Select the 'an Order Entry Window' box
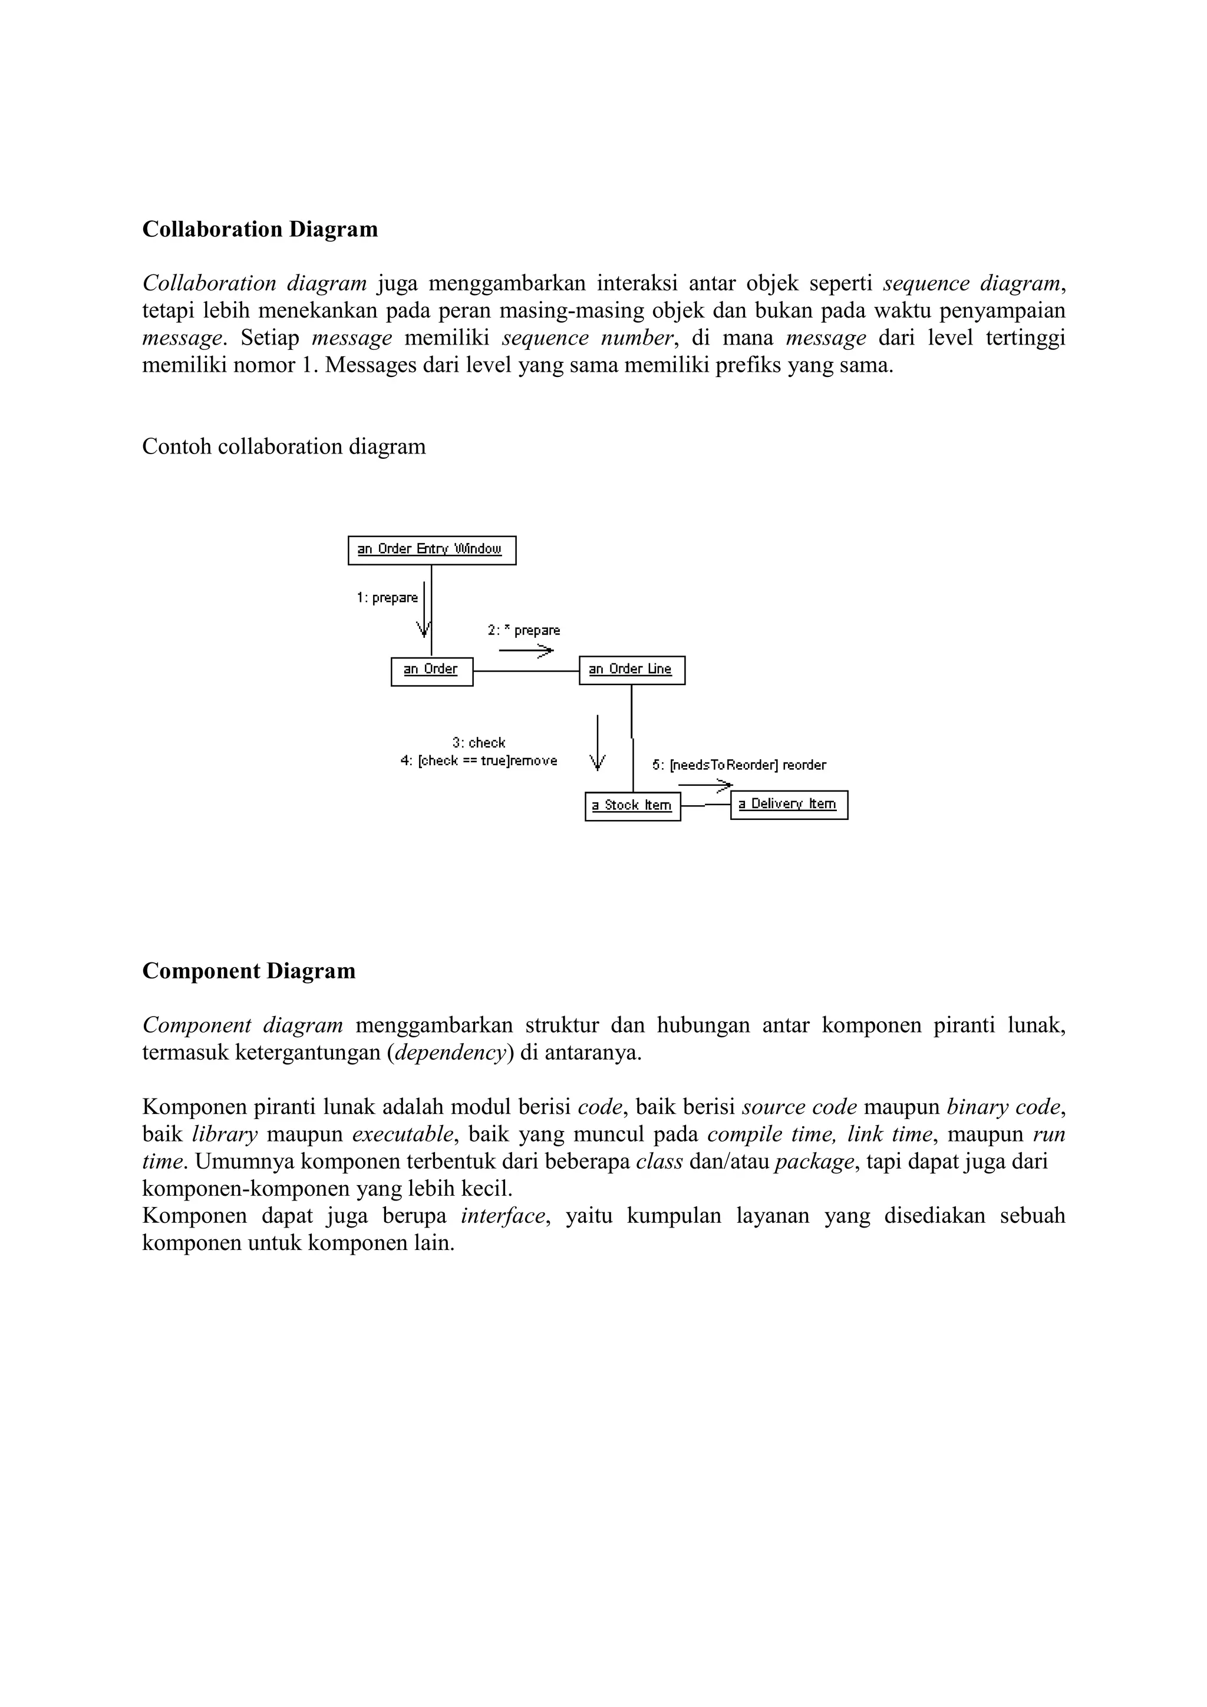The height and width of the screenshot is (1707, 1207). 431,550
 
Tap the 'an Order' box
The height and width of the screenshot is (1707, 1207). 431,670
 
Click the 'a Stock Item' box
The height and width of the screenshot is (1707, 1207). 632,806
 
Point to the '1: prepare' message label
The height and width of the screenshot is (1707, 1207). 387,598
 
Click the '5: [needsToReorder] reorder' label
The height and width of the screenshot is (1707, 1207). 739,765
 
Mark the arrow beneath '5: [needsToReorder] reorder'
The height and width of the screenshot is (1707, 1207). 705,785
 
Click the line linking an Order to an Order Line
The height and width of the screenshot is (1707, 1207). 526,671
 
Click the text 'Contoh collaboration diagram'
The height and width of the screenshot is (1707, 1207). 283,447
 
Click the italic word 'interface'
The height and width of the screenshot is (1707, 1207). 503,1216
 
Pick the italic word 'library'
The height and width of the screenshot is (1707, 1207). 225,1134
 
